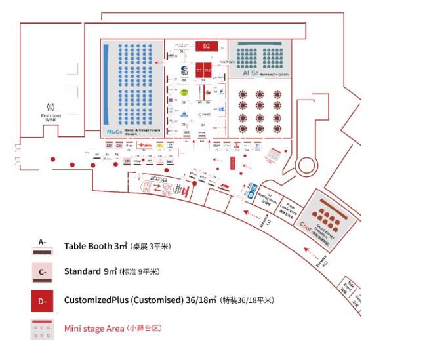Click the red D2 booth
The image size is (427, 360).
point(206,46)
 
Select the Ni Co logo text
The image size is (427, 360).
point(114,131)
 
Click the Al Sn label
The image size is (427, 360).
point(250,73)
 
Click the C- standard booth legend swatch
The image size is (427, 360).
point(42,271)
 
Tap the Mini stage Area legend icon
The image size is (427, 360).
point(42,329)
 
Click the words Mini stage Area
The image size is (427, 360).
point(95,328)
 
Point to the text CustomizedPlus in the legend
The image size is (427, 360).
point(96,300)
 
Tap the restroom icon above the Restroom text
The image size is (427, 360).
point(51,106)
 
